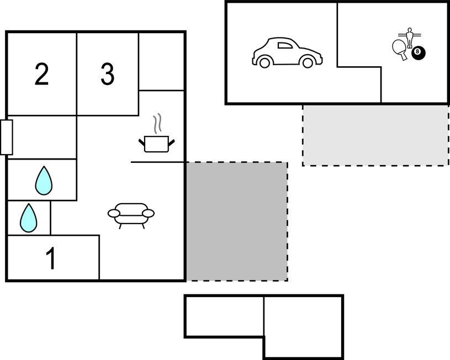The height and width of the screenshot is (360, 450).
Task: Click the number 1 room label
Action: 51,258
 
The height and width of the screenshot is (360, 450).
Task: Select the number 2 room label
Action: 41,74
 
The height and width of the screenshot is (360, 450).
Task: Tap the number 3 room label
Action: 108,74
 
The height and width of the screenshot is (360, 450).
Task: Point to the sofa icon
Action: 131,215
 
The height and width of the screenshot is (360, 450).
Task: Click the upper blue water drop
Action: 44,181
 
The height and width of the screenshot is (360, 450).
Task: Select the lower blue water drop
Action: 28,218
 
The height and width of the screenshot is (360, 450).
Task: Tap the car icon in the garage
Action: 287,52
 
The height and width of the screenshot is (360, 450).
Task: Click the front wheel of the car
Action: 308,62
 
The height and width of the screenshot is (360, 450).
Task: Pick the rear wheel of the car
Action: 264,62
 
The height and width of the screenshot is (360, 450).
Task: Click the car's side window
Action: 285,45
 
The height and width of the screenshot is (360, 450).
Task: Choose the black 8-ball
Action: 419,53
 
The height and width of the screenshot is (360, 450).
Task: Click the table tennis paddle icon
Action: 400,49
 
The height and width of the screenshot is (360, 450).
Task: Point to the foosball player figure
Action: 410,38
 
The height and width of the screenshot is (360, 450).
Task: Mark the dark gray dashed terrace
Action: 237,221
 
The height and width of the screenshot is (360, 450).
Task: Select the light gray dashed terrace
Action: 375,135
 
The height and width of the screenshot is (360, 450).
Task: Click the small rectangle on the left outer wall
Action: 7,137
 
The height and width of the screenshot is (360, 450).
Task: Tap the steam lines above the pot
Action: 157,124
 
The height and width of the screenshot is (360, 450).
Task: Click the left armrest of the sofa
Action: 114,213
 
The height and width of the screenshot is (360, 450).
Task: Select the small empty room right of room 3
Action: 162,61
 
